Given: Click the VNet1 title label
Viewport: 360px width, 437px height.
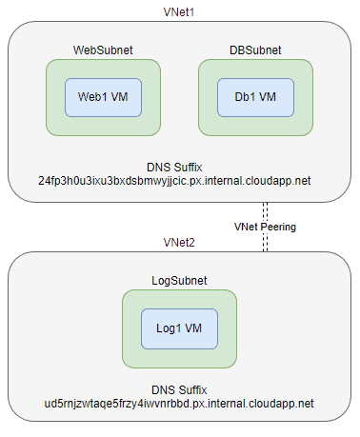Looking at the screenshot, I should point(179,10).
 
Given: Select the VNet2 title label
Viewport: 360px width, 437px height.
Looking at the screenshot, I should point(179,243).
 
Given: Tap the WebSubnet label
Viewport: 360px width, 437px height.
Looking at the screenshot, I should point(103,49).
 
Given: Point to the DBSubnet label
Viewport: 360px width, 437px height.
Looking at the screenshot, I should point(256,49).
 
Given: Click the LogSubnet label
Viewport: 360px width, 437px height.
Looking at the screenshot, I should point(179,282).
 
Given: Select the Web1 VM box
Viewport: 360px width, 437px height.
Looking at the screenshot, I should point(103,96).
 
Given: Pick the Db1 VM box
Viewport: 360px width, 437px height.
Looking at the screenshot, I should point(256,96).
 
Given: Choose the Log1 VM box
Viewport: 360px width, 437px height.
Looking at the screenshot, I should point(179,328).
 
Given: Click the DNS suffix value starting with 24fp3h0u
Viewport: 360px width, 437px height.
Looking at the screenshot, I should point(180,179).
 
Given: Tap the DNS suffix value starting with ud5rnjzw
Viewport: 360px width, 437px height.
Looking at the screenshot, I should point(179,404).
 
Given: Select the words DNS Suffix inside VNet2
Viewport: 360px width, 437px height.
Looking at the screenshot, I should point(179,389).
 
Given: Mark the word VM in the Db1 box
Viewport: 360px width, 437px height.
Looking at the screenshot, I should point(270,96).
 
